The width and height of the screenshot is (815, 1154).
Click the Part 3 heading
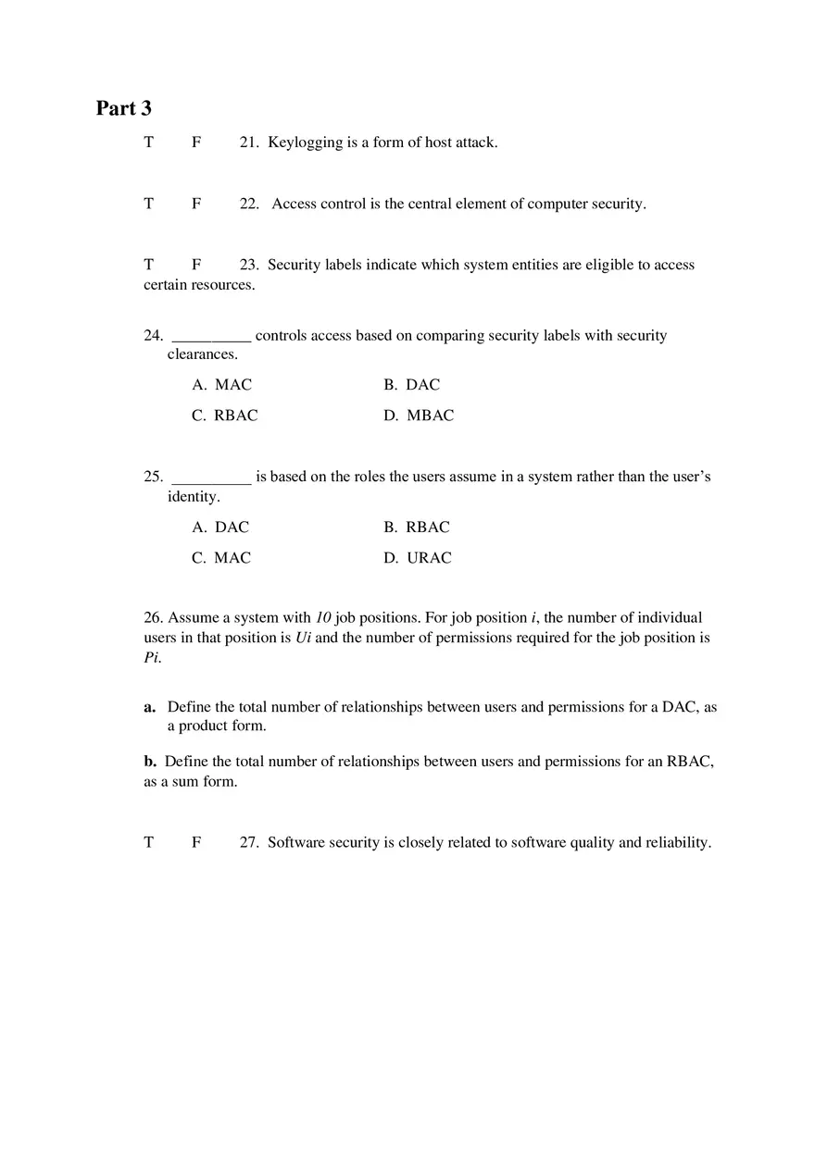(124, 108)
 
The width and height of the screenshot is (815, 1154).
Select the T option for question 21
(148, 143)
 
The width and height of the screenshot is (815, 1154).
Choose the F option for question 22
(196, 204)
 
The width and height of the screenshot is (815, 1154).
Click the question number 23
(248, 265)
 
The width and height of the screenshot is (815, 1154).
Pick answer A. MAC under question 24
(222, 385)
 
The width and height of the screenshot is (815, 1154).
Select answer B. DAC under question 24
(412, 385)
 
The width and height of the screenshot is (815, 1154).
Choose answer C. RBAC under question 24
(225, 416)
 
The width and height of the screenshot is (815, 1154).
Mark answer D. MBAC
(419, 416)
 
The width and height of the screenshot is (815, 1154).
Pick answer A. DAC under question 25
(220, 527)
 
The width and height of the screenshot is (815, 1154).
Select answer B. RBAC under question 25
(417, 527)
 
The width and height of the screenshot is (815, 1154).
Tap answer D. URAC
(418, 558)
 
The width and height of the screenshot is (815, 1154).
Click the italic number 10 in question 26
(323, 617)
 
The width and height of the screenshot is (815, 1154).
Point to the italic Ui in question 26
(303, 638)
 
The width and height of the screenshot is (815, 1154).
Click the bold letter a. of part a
(149, 707)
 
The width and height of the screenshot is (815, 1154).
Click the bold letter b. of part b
(150, 762)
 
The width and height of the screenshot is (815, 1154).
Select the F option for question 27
(196, 843)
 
